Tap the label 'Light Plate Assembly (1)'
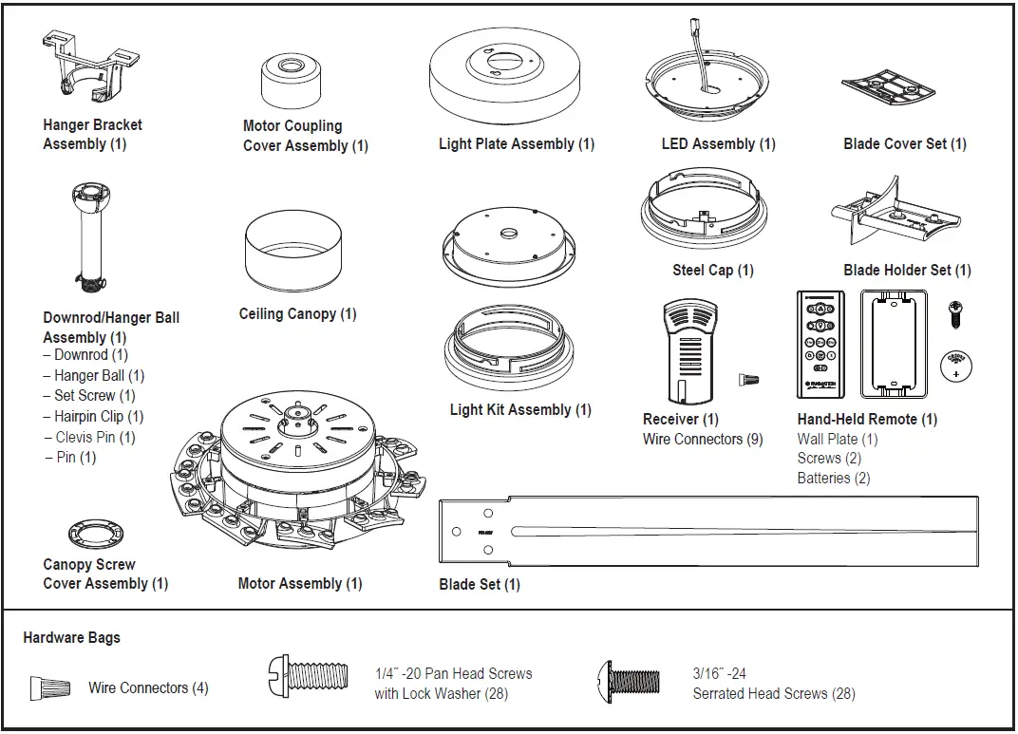[517, 144]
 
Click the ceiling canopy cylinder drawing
[293, 255]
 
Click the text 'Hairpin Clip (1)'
[99, 417]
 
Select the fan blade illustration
[707, 533]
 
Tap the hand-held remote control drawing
[820, 344]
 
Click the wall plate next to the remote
[893, 344]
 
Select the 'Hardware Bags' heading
[72, 638]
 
